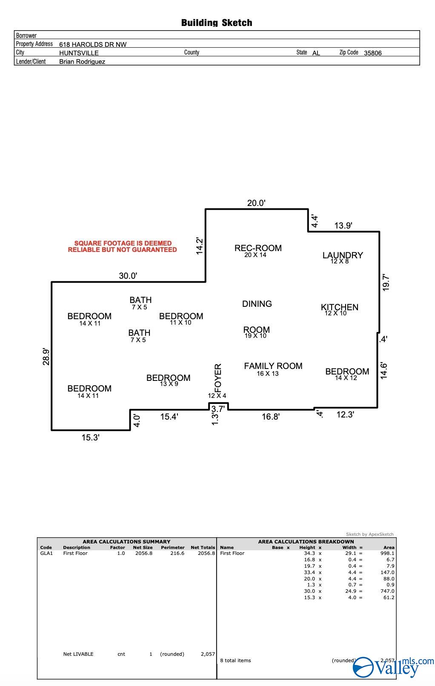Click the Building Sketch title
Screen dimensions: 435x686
217,23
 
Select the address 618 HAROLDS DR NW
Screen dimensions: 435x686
93,44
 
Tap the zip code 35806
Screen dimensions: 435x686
373,53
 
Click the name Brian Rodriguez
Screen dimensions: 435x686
82,62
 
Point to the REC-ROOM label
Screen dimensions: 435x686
258,248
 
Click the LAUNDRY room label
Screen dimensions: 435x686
343,255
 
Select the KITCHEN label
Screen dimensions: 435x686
339,307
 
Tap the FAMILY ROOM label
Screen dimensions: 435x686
273,366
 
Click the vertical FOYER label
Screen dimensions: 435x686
217,378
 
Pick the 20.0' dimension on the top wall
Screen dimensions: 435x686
256,203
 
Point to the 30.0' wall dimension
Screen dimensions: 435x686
128,276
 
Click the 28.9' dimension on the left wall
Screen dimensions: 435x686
46,357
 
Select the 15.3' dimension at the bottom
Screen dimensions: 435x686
90,437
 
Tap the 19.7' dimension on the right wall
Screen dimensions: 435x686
386,283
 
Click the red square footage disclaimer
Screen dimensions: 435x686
123,246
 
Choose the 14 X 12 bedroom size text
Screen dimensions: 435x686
346,378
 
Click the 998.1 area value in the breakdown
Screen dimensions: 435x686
387,553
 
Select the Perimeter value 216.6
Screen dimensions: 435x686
177,553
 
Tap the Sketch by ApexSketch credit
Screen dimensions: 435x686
370,534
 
